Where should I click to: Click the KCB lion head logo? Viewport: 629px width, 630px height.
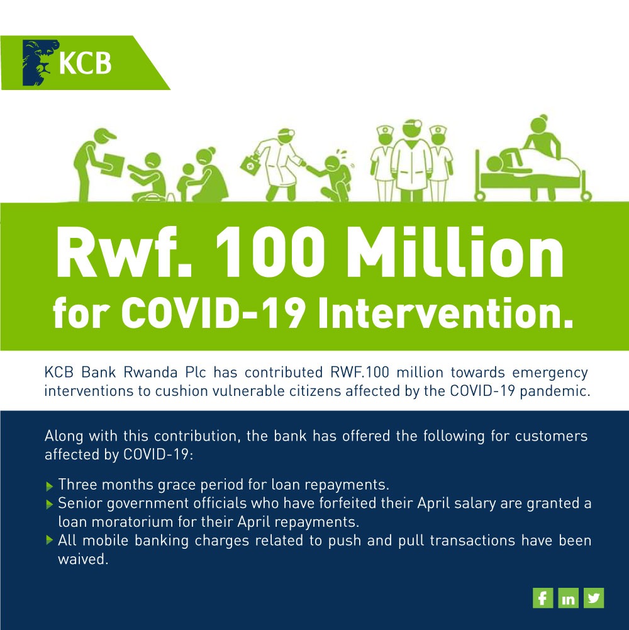(x=40, y=62)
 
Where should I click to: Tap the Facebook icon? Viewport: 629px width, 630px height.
(x=543, y=598)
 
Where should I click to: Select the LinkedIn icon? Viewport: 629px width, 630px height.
(x=569, y=598)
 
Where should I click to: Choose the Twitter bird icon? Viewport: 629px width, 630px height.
(x=594, y=598)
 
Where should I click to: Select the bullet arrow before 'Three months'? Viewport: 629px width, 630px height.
(x=50, y=487)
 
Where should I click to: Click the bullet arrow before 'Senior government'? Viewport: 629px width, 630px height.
(x=50, y=504)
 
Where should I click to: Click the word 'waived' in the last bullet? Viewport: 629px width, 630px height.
(x=82, y=560)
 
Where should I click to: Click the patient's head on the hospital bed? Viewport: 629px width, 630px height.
(x=494, y=165)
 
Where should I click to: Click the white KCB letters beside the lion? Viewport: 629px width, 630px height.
(x=85, y=62)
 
